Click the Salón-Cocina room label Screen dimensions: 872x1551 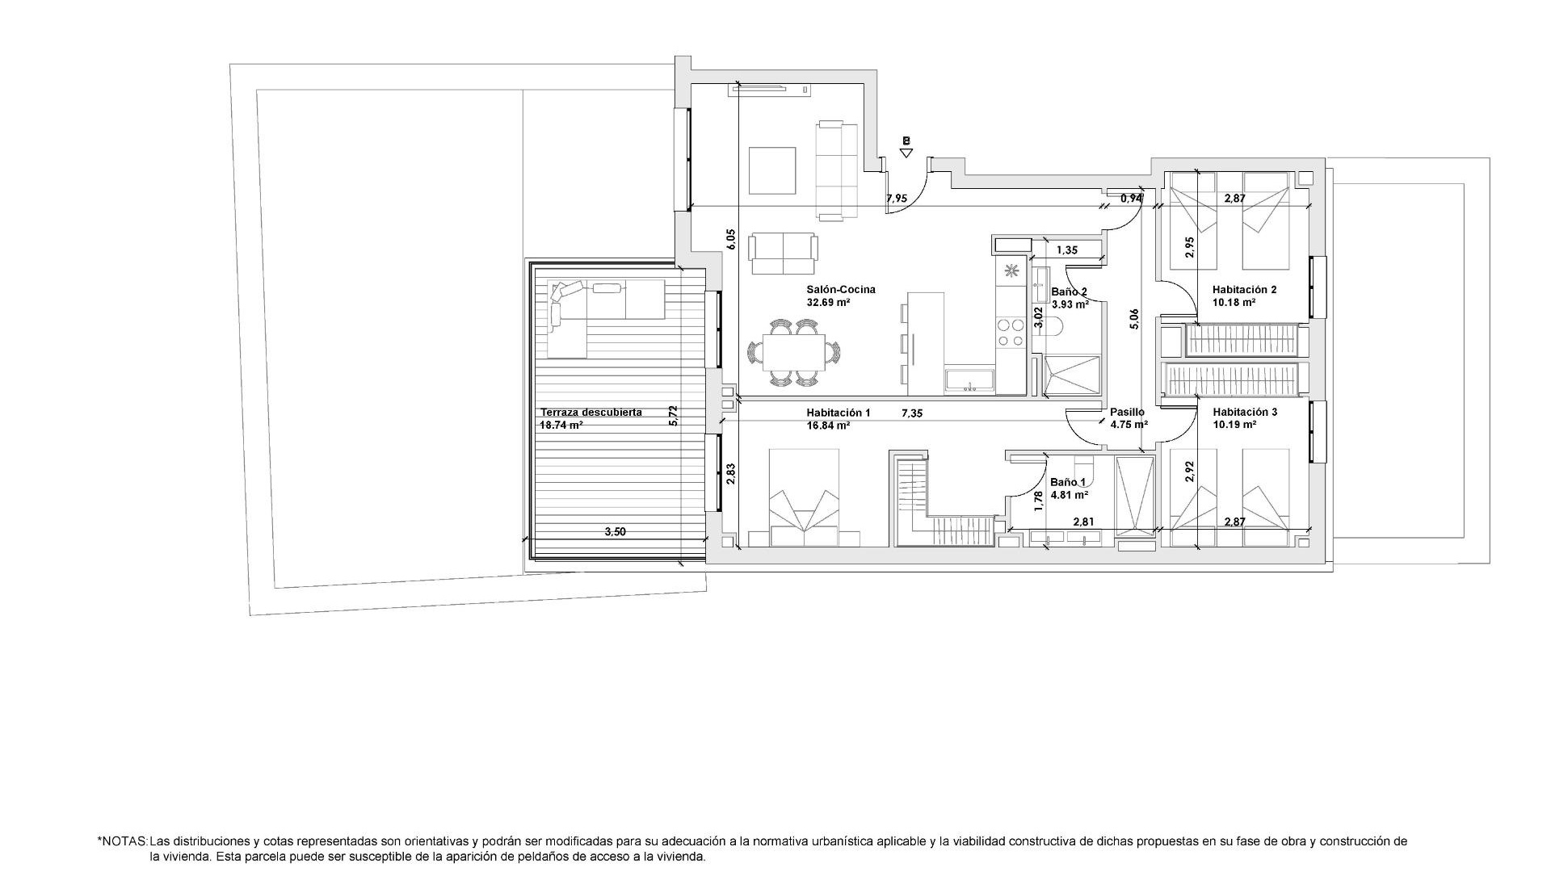click(840, 290)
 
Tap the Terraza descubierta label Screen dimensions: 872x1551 click(591, 413)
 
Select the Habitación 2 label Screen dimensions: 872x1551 click(1244, 290)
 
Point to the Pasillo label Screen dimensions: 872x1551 click(1127, 413)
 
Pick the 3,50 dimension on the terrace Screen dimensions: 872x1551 click(615, 532)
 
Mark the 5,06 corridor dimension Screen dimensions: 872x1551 click(1134, 319)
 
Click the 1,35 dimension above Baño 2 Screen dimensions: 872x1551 click(1067, 250)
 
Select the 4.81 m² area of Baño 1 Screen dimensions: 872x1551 click(1069, 495)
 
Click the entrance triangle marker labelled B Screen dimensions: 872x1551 click(906, 151)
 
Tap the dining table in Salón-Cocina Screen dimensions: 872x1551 click(793, 353)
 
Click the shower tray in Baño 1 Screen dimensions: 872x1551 click(1134, 494)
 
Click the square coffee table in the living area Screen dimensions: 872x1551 click(771, 170)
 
